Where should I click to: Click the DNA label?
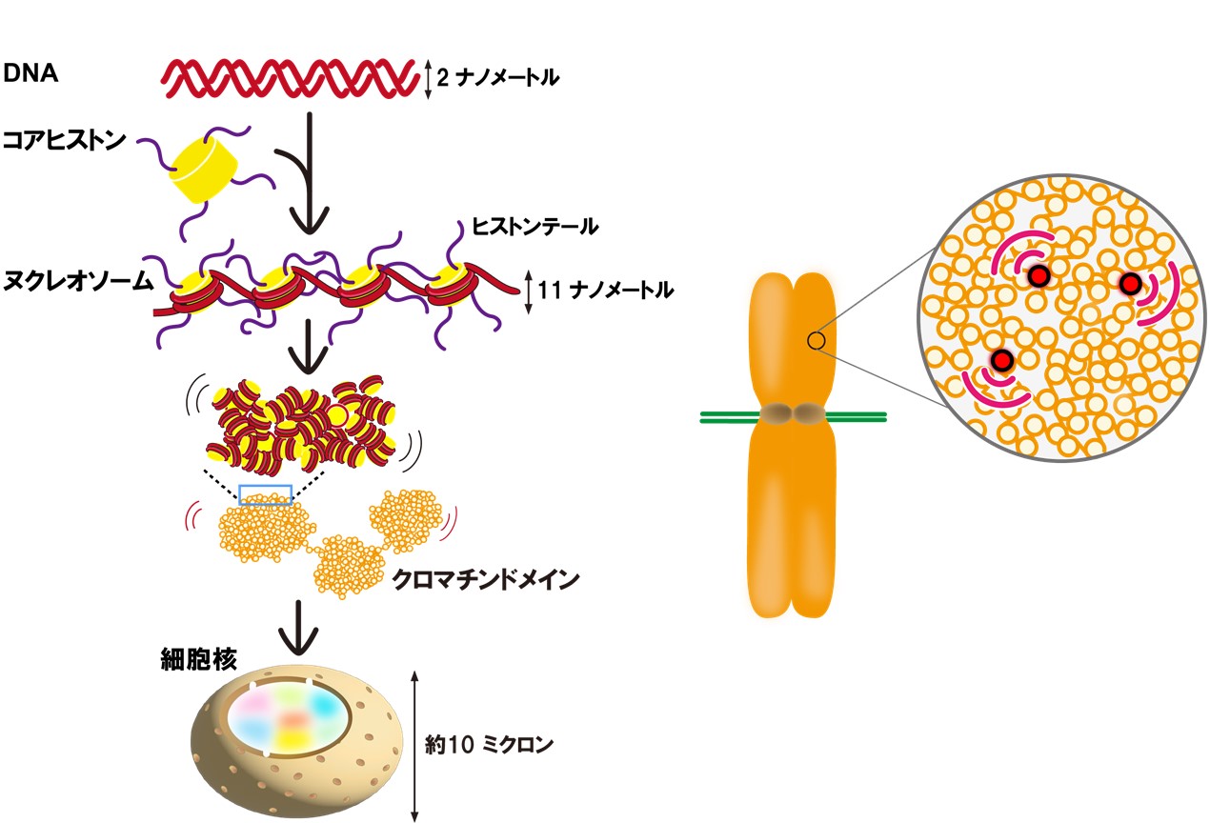click(32, 74)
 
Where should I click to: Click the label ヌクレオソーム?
click(79, 282)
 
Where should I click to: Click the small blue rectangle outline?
click(265, 494)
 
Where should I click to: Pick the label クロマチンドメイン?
click(486, 579)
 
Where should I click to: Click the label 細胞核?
click(191, 659)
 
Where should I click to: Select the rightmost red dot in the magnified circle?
click(1130, 284)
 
